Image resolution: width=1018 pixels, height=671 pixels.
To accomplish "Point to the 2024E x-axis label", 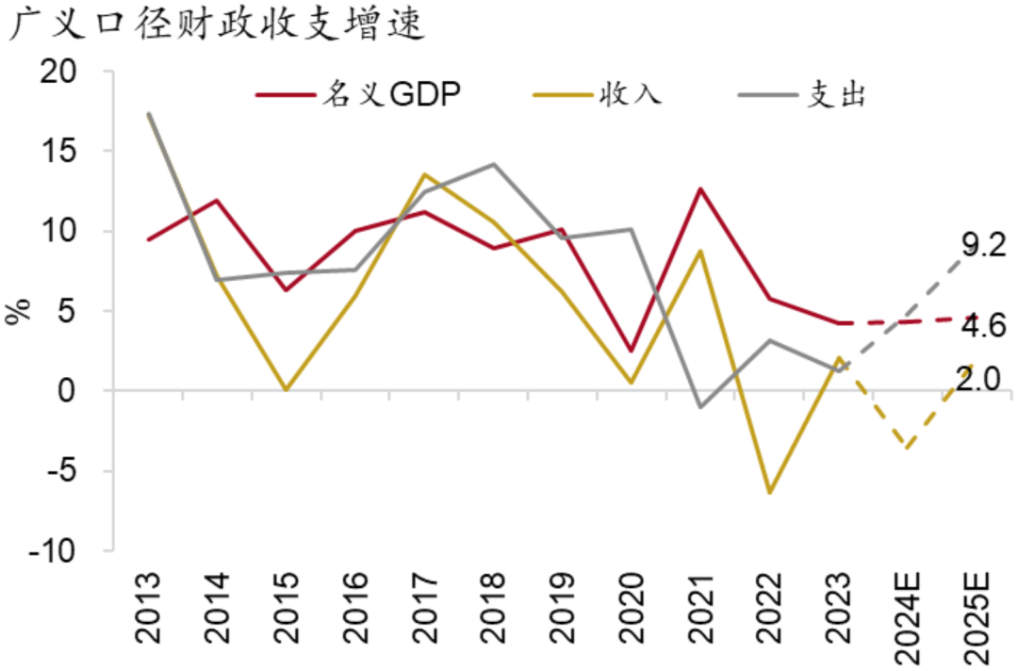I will (906, 613).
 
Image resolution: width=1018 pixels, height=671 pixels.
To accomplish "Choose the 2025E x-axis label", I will (975, 613).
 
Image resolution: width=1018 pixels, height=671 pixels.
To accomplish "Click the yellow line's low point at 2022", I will (769, 492).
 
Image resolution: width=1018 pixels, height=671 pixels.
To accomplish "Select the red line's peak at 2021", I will (700, 188).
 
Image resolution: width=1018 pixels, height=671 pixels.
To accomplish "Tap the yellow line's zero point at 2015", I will (286, 389).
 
